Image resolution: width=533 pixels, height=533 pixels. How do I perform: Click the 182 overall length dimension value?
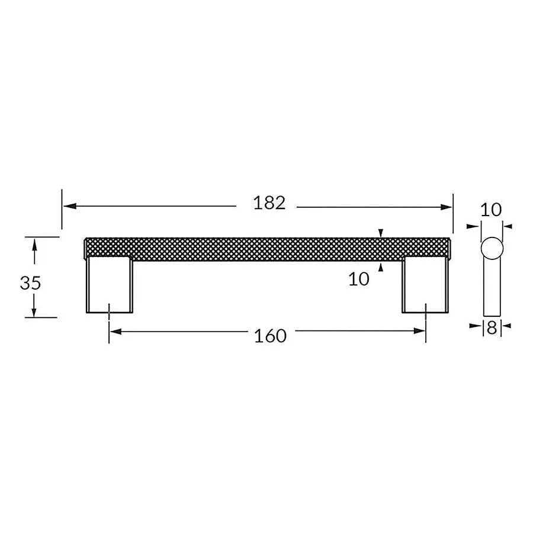coord(269,203)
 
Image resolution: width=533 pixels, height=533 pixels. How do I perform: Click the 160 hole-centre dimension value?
coord(270,336)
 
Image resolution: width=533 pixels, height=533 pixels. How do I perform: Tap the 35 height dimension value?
coord(30,283)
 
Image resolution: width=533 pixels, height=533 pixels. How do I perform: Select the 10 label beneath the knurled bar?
coord(359,279)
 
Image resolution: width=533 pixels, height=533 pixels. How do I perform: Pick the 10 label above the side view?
coord(491,210)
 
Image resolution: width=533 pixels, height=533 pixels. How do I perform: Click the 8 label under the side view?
coord(492,327)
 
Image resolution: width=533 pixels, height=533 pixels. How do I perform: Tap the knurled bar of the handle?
coord(266,248)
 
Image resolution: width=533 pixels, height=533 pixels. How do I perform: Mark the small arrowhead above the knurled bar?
coord(381,233)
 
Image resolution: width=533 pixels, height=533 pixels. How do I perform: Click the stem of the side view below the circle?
coord(492,290)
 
